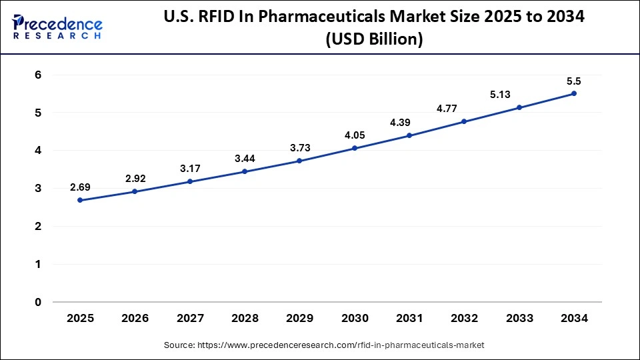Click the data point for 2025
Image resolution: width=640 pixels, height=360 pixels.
(x=80, y=200)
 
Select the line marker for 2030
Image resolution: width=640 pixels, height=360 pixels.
(x=355, y=148)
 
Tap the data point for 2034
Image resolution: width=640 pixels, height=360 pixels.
(x=574, y=93)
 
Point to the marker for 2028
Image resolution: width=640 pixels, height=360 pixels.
(x=245, y=171)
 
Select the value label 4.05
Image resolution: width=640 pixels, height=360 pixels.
(x=355, y=135)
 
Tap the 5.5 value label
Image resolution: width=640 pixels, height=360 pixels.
(x=574, y=81)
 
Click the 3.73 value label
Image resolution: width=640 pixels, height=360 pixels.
(x=300, y=147)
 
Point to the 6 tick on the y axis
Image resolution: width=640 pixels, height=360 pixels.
(x=38, y=75)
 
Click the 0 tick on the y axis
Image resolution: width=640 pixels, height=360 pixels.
(x=38, y=302)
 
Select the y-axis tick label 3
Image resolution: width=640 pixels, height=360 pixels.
(x=38, y=189)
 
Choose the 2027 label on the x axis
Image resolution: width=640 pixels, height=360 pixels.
(x=190, y=319)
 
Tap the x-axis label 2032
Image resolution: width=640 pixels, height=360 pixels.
(x=464, y=319)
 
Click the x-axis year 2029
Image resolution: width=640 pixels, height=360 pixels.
(x=300, y=319)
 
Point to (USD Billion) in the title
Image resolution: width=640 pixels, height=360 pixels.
(x=374, y=40)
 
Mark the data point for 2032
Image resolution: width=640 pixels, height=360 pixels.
(x=464, y=121)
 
